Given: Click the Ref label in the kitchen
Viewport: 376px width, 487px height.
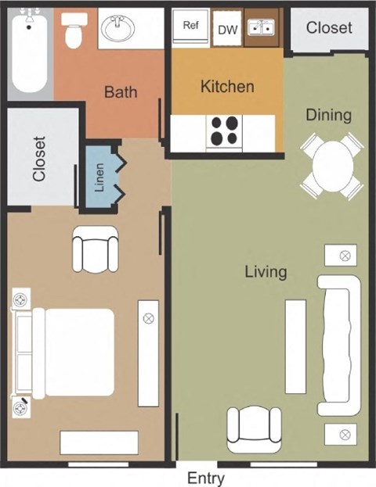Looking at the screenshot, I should pyautogui.click(x=190, y=25).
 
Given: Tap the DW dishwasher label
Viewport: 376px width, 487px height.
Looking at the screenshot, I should pyautogui.click(x=226, y=30).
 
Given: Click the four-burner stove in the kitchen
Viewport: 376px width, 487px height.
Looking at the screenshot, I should pyautogui.click(x=225, y=131).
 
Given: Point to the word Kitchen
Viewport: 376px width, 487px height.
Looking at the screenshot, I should pyautogui.click(x=227, y=86).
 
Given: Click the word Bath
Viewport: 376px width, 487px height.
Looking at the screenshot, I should pyautogui.click(x=121, y=91).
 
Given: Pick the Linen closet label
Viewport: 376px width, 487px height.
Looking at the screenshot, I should pyautogui.click(x=99, y=178).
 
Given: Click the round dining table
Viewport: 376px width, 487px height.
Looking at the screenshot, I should pyautogui.click(x=333, y=166).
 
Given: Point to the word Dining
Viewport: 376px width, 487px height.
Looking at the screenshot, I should pyautogui.click(x=328, y=115).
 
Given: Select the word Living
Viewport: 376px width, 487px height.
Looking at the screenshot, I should pyautogui.click(x=266, y=272).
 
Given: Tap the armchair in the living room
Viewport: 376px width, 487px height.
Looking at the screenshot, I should pyautogui.click(x=253, y=429).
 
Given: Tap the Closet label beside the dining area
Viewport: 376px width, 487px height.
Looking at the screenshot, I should pyautogui.click(x=329, y=28).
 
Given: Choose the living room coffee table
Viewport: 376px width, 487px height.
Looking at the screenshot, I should pyautogui.click(x=295, y=346).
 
